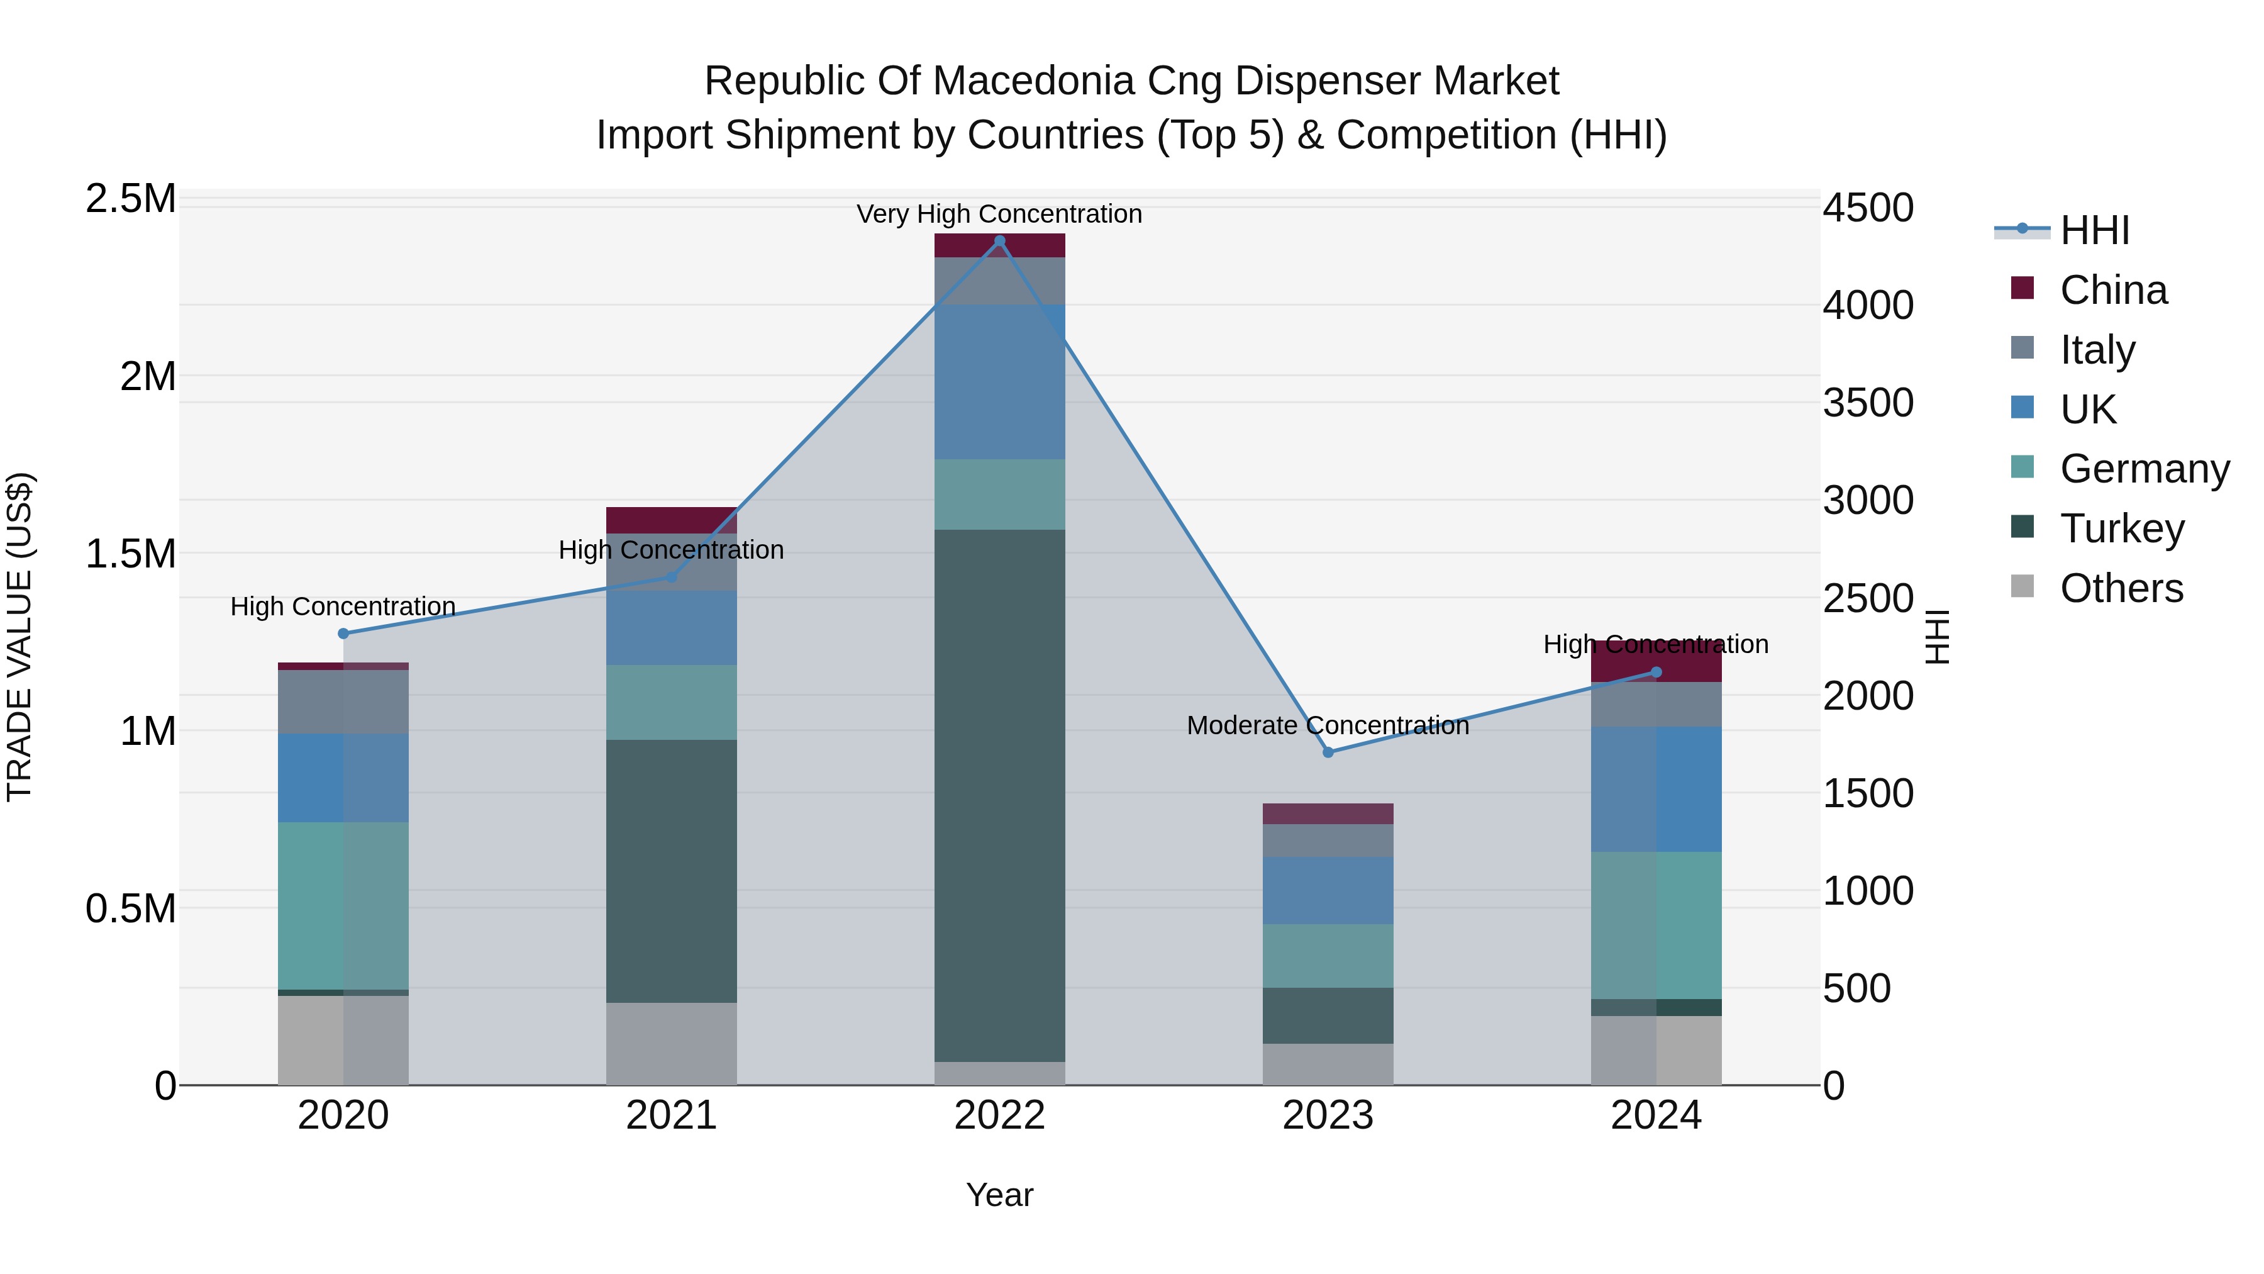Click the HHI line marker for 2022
click(999, 241)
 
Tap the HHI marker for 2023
click(1328, 752)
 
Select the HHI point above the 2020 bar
click(343, 633)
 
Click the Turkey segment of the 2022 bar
click(999, 796)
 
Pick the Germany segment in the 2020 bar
click(343, 905)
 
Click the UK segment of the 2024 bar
click(1656, 789)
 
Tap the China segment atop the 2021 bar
click(672, 520)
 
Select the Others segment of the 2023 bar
click(1328, 1064)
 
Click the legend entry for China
click(2113, 290)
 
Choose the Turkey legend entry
click(2122, 528)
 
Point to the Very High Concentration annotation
click(999, 214)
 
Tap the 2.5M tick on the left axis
click(131, 199)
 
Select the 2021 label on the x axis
click(672, 1115)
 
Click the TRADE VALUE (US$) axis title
click(19, 637)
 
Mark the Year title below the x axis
click(999, 1195)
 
